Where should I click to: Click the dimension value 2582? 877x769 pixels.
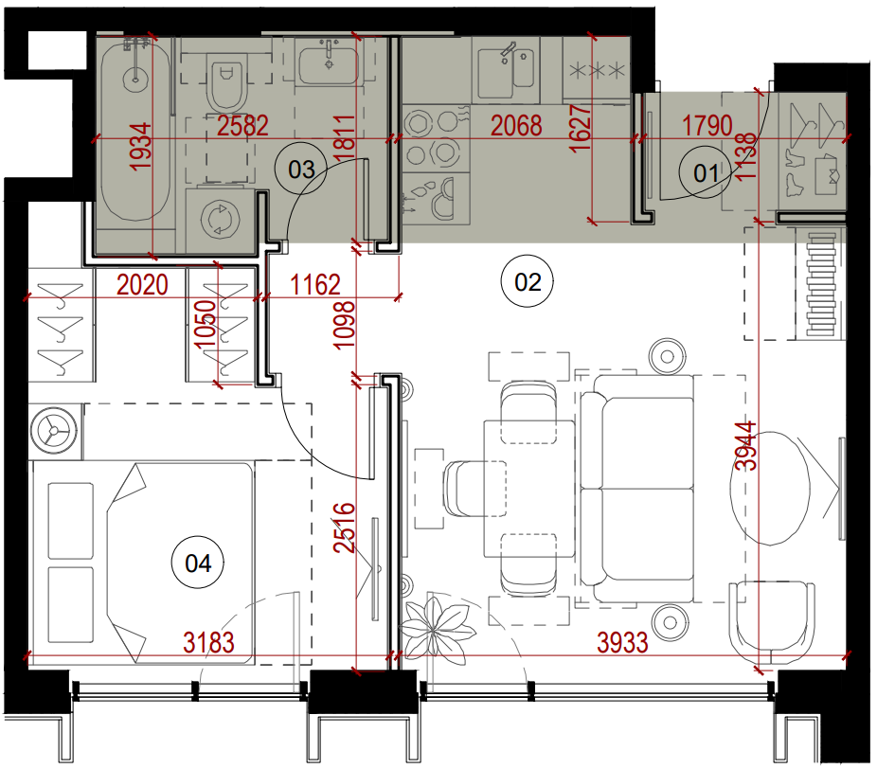[242, 126]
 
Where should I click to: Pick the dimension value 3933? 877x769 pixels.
[622, 643]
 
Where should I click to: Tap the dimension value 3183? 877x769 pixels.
[208, 643]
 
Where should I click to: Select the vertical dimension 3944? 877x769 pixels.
[745, 446]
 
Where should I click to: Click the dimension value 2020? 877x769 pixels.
[142, 285]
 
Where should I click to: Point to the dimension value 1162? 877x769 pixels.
[315, 285]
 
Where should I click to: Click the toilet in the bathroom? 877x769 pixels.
[226, 82]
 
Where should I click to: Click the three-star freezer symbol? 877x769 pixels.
[597, 70]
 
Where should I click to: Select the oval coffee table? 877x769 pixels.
[770, 488]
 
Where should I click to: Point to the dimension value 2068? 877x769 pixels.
[515, 126]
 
